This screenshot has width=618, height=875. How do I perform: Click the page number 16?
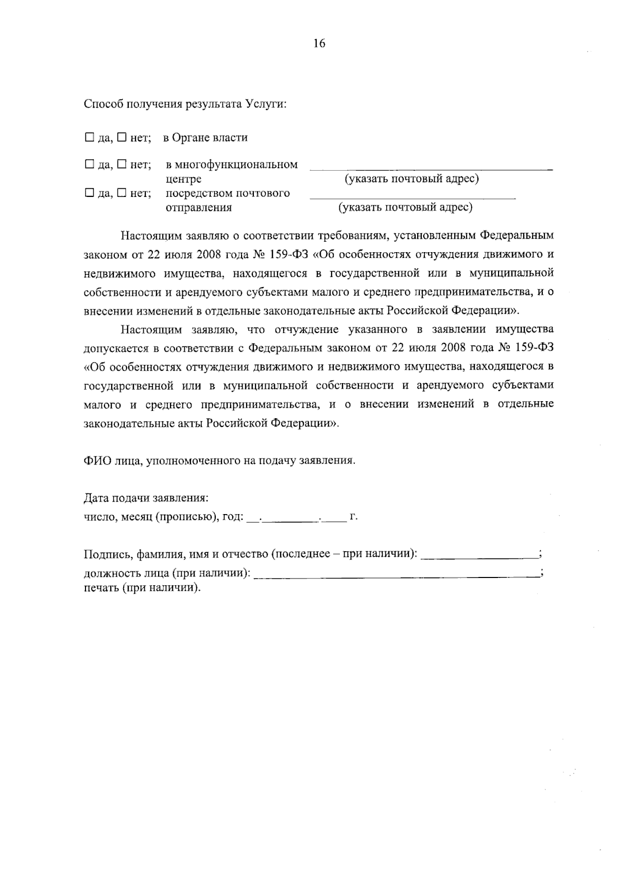319,44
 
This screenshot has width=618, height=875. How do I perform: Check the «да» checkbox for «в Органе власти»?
89,138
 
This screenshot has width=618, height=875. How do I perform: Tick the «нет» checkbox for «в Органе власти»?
121,138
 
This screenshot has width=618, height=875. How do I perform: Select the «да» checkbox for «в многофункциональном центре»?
89,165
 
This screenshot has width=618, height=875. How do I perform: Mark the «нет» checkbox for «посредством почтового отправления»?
121,193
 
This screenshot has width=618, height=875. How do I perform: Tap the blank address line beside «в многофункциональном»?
431,168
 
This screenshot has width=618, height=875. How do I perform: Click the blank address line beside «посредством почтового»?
412,196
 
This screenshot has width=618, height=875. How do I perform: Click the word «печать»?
101,588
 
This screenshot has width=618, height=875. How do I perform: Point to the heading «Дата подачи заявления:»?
146,499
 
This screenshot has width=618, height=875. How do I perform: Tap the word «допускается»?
114,348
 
